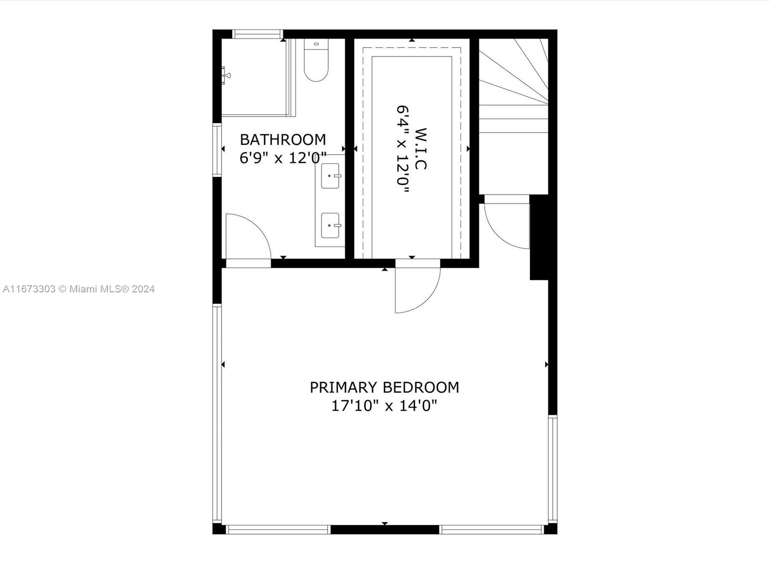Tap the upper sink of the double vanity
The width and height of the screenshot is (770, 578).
click(331, 176)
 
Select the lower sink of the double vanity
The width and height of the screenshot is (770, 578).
click(331, 225)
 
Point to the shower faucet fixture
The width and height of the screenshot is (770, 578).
click(226, 76)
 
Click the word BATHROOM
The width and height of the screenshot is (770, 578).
click(283, 140)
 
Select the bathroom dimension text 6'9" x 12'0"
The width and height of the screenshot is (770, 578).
click(283, 158)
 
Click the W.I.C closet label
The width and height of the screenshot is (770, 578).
click(421, 149)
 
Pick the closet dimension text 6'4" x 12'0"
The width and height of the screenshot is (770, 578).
click(403, 149)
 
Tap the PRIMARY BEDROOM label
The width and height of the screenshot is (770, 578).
click(385, 387)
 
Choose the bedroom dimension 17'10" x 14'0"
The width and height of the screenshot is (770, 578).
click(385, 406)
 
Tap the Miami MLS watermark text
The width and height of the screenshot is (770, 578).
click(78, 289)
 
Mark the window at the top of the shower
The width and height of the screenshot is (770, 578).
click(257, 34)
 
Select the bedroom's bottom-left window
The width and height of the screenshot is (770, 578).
click(278, 529)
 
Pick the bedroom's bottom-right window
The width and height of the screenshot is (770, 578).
click(492, 529)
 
